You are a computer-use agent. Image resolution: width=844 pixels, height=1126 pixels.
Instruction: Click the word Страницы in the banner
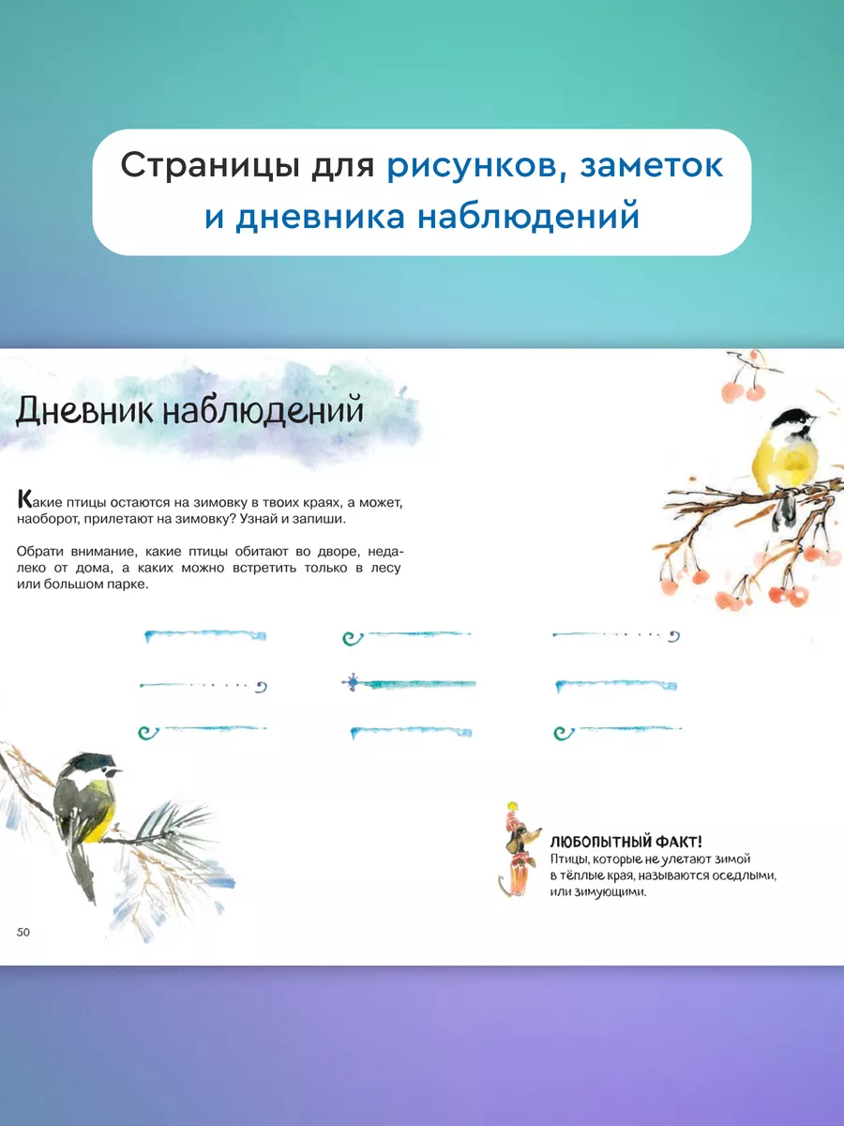point(210,166)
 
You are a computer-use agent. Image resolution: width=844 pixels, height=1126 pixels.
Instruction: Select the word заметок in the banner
point(652,166)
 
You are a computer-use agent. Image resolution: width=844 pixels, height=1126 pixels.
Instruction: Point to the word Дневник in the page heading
point(84,411)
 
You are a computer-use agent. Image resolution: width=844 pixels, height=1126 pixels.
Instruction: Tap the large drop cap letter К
point(24,499)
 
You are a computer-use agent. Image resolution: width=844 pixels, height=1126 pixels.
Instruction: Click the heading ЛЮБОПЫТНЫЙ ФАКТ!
point(625,843)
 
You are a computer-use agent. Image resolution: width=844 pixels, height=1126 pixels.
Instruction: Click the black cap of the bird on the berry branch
point(790,418)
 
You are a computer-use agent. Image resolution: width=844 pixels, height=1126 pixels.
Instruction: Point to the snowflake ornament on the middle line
point(352,683)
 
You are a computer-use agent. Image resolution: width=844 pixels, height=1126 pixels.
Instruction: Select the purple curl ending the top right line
point(674,636)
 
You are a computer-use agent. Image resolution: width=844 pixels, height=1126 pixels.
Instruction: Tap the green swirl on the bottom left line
point(148,732)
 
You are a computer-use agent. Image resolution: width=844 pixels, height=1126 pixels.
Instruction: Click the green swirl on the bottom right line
point(564,733)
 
